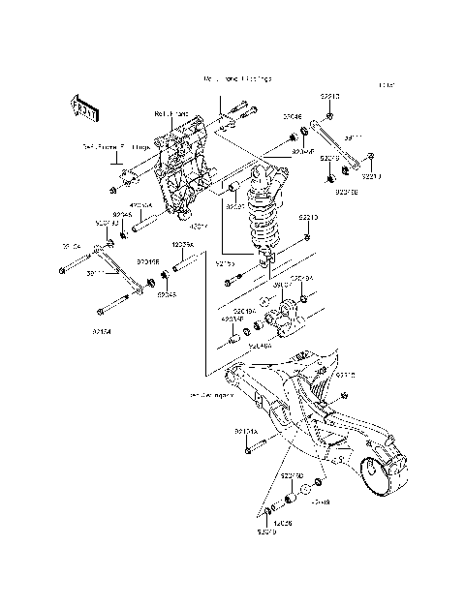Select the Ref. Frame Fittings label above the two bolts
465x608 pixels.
click(x=237, y=78)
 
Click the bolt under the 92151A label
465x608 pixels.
click(x=250, y=447)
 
